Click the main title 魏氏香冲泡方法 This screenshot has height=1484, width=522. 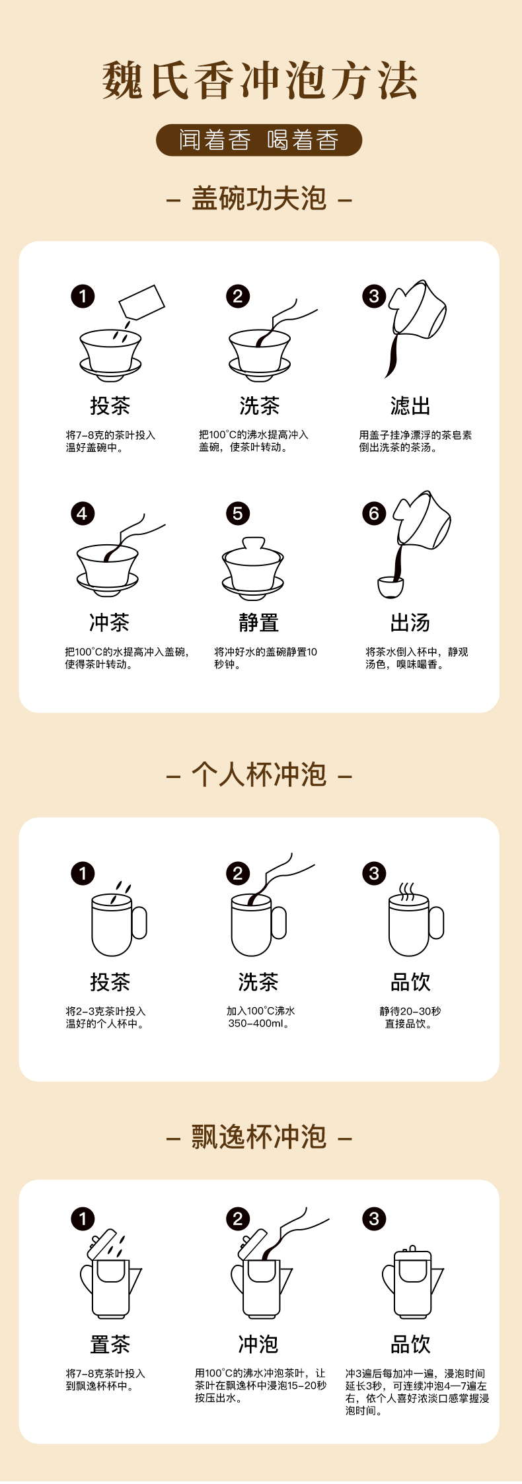point(260,81)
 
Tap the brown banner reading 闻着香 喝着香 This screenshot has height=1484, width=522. point(259,140)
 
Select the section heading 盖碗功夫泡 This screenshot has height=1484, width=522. point(259,199)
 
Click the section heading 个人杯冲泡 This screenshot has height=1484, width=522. point(259,775)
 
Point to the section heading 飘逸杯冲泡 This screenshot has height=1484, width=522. point(259,1137)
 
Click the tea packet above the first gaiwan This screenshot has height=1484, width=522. point(141,302)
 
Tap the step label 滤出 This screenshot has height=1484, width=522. point(410,406)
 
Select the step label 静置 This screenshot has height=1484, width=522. point(258,622)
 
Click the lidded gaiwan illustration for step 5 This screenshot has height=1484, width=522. point(253,569)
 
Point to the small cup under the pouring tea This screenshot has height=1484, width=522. point(391,587)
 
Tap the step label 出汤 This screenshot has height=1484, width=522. point(410,622)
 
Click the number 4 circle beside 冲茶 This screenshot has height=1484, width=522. point(83,513)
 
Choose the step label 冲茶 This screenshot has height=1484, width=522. point(109,622)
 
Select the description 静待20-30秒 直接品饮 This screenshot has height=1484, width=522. point(410,1017)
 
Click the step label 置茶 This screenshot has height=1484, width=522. point(110,1344)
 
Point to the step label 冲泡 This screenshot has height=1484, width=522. point(258,1344)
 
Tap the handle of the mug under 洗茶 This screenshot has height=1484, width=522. point(279,923)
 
